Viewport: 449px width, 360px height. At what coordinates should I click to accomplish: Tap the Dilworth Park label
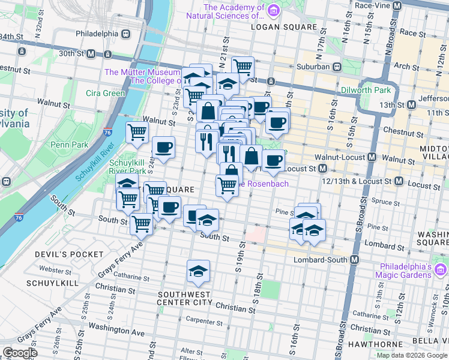[x=366, y=90]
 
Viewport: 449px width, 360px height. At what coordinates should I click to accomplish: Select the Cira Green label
[x=105, y=93]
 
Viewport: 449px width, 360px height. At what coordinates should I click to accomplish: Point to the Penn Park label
[x=70, y=145]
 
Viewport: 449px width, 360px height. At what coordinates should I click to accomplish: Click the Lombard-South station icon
[x=355, y=260]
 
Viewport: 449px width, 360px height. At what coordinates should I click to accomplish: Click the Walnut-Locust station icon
[x=372, y=157]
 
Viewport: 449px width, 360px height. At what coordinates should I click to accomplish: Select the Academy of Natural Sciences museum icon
[x=273, y=10]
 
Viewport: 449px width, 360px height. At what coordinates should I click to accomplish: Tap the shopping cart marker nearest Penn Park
[x=137, y=132]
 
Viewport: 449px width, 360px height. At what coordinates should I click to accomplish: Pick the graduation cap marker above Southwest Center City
[x=198, y=271]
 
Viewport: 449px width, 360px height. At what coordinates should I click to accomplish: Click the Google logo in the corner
[x=20, y=353]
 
